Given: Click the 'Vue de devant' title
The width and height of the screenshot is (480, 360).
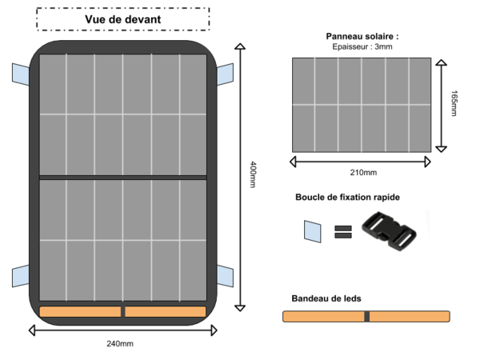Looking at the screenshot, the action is click(x=122, y=19).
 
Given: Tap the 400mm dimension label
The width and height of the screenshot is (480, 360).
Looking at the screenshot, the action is click(x=253, y=174).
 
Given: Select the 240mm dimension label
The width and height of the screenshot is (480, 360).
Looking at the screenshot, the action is click(x=120, y=344).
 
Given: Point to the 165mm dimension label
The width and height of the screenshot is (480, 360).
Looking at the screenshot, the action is click(x=454, y=103).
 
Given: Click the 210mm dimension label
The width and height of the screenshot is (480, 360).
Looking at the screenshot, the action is click(x=363, y=173).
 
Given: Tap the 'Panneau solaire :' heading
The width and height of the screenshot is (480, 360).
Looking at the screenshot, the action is click(x=362, y=37).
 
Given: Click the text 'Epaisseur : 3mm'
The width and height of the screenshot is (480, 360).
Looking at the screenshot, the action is click(x=362, y=47).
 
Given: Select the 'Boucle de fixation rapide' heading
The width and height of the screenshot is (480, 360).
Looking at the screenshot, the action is click(x=347, y=197).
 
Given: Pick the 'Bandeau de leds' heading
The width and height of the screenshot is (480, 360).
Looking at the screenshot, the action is click(x=326, y=298).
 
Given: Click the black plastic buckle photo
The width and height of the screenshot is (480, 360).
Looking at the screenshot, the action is click(x=389, y=231).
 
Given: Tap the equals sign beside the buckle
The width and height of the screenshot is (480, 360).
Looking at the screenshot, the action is click(x=343, y=232).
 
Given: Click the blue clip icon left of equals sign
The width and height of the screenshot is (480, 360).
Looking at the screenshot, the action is click(x=313, y=231).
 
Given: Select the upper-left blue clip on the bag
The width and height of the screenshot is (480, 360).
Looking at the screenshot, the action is click(x=21, y=74).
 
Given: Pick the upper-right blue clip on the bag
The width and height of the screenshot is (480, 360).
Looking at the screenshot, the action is click(x=225, y=74).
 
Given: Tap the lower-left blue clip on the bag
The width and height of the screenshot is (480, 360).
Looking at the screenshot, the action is click(x=21, y=276).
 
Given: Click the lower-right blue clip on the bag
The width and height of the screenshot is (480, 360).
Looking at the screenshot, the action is click(x=225, y=276).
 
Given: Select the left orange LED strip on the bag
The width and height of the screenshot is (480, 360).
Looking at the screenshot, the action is click(x=80, y=312).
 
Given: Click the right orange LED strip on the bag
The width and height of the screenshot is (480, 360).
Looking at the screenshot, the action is click(x=166, y=312).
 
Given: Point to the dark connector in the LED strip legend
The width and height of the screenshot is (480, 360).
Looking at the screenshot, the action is click(x=366, y=317).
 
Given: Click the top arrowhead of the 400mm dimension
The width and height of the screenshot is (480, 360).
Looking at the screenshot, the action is click(x=240, y=46).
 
